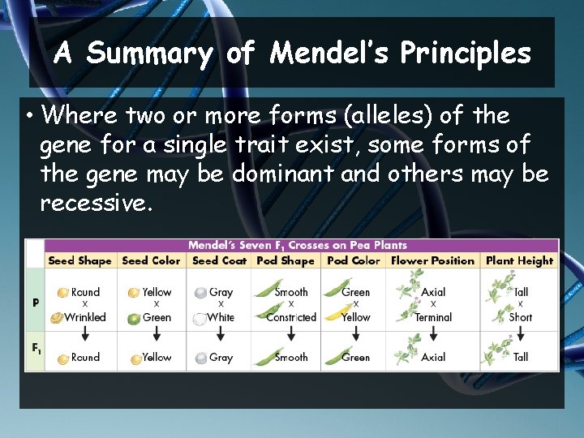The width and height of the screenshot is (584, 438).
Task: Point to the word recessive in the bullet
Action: [95, 203]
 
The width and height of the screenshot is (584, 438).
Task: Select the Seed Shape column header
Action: [79, 260]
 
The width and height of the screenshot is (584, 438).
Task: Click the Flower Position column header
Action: [432, 260]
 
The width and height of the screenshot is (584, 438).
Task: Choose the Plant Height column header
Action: [519, 260]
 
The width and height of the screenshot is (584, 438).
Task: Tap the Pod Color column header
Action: [353, 260]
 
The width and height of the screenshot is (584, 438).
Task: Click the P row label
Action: [35, 303]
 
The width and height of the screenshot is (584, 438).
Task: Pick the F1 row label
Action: [36, 349]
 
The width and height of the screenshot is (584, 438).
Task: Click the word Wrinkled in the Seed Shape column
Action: [85, 317]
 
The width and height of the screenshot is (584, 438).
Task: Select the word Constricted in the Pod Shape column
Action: [291, 317]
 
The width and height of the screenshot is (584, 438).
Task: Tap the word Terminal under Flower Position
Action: [432, 317]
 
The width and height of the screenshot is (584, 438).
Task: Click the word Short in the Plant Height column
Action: [521, 317]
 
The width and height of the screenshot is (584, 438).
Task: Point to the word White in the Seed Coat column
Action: [221, 317]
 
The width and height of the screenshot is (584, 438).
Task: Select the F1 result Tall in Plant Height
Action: [521, 357]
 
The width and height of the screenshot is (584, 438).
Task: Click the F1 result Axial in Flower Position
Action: [433, 357]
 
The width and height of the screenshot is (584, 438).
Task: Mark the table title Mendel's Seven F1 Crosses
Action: [298, 245]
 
